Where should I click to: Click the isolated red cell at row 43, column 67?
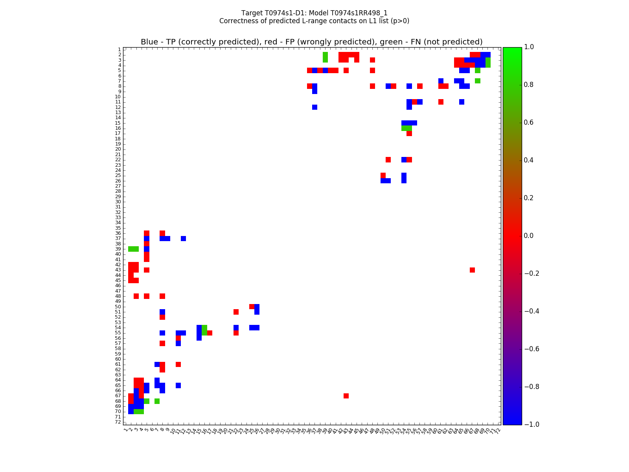point(472,270)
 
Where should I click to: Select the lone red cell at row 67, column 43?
point(346,396)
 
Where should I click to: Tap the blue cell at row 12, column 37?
point(314,107)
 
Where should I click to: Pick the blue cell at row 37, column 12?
point(183,238)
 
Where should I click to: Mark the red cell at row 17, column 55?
point(409,133)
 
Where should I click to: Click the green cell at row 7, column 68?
point(477,81)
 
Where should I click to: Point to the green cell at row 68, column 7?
point(157,401)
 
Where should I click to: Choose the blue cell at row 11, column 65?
point(462,102)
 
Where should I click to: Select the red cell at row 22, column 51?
point(388,160)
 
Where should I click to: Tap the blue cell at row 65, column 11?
point(178,385)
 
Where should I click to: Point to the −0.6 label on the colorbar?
point(531,349)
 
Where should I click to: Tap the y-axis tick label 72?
point(118,422)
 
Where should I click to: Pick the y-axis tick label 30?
point(118,202)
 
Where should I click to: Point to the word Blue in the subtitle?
point(149,42)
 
